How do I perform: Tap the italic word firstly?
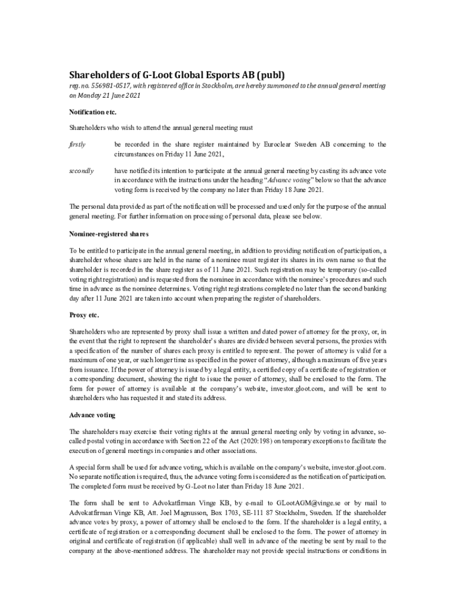click(x=78, y=144)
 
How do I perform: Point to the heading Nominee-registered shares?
click(x=105, y=234)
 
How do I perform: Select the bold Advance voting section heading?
click(x=92, y=414)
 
